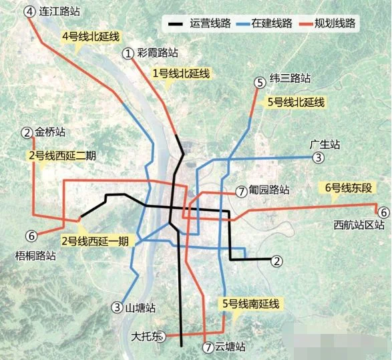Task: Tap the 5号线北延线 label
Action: [x=295, y=102]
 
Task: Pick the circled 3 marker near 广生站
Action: [x=319, y=158]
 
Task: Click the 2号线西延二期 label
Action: [x=62, y=156]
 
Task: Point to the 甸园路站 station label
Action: [x=269, y=190]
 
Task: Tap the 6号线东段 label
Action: [x=347, y=188]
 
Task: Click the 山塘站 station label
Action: [x=140, y=308]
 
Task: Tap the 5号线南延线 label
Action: [x=250, y=304]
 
